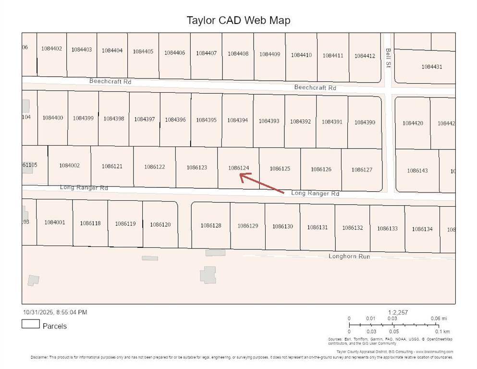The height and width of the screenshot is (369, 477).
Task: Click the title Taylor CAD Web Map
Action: pos(238,21)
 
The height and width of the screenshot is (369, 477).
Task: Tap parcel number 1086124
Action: pos(239,168)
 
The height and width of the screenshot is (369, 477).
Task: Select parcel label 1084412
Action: pos(365,56)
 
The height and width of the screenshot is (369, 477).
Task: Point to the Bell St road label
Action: pos(388,57)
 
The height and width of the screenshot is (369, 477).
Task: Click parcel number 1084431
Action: pos(431,67)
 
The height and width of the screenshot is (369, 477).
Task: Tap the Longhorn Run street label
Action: pos(349,256)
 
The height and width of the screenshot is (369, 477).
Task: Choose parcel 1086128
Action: pos(211,225)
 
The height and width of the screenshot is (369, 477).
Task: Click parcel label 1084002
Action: pos(69,165)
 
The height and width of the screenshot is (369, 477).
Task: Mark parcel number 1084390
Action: pos(365,122)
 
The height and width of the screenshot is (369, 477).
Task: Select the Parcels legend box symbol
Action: pos(30,324)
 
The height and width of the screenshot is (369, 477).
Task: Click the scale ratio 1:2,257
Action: pos(398,312)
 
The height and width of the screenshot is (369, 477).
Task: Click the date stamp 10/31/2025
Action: pos(38,312)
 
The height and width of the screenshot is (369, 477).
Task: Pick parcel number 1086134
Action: pos(422,229)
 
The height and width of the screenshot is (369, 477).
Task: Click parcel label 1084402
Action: pos(51,49)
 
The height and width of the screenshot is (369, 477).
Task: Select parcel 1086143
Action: pos(417,171)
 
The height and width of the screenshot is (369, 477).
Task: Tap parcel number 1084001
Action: pos(54,222)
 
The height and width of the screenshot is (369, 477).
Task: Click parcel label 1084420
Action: pos(413,123)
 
